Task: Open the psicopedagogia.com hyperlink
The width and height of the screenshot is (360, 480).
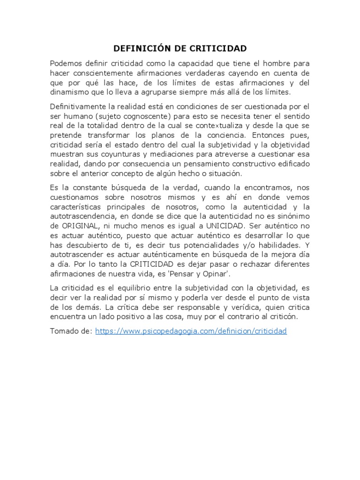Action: [190, 331]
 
